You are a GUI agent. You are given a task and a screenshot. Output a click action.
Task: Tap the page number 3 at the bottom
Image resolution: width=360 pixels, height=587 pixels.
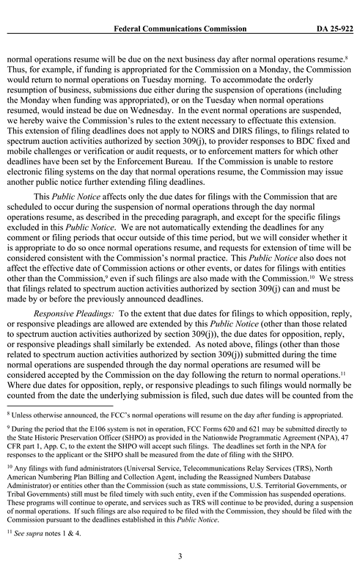[180, 556]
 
